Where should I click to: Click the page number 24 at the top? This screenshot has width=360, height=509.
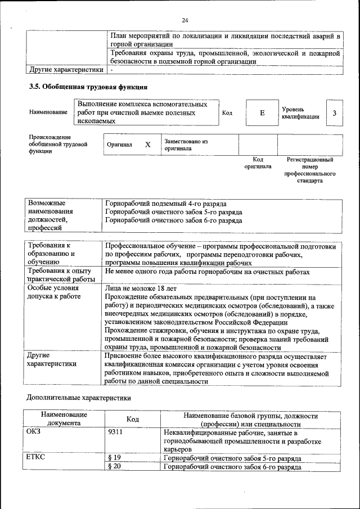click(184, 21)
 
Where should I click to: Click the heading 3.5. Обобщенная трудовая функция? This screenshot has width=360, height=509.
click(88, 88)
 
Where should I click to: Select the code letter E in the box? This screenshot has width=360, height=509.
click(262, 113)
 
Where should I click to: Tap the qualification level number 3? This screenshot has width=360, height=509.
click(334, 113)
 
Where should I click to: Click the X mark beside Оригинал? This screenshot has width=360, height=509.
click(148, 145)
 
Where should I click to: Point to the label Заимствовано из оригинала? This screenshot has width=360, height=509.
click(186, 145)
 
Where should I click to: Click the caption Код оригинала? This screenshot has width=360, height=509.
click(257, 163)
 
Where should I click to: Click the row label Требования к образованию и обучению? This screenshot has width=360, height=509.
click(55, 254)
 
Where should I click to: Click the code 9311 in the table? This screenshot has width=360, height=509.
click(115, 433)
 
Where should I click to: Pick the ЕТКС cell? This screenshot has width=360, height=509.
click(35, 457)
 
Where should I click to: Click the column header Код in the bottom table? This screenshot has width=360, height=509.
click(133, 420)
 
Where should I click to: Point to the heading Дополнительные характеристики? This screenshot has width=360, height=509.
click(79, 398)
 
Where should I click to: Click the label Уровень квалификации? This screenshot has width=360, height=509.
click(301, 113)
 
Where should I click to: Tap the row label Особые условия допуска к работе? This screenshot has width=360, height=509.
click(54, 292)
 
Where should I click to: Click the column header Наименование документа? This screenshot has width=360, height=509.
click(64, 419)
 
